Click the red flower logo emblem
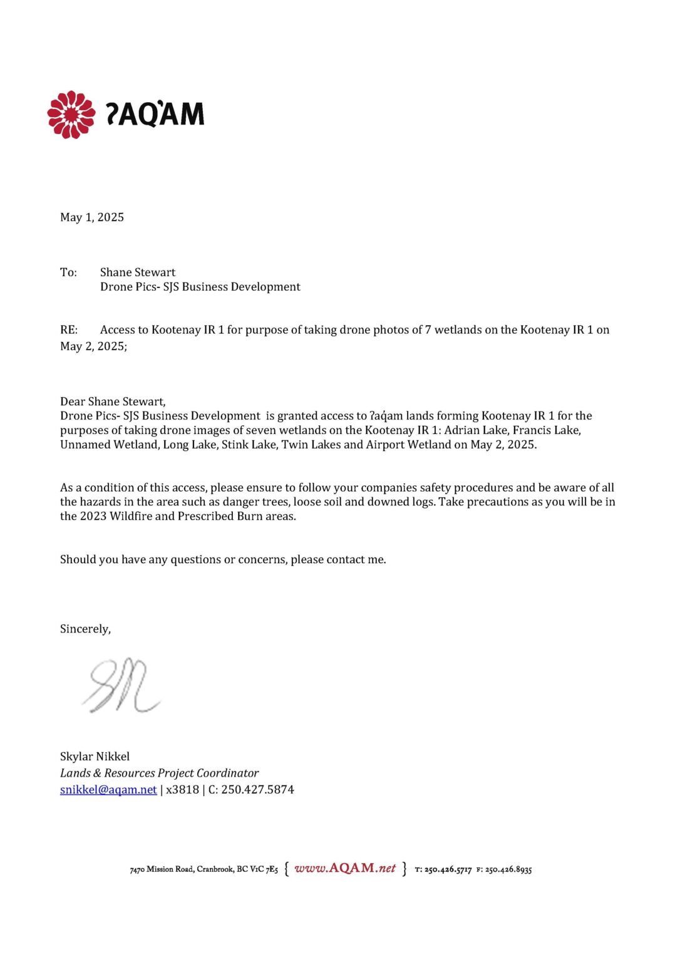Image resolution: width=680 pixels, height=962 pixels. (71, 115)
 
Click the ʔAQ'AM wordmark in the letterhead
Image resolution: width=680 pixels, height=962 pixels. (155, 114)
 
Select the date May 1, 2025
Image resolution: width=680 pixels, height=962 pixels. (92, 217)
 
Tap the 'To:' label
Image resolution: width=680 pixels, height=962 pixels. (68, 272)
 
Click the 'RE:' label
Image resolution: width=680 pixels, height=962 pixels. (69, 330)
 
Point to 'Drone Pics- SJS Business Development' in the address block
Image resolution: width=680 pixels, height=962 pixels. (200, 287)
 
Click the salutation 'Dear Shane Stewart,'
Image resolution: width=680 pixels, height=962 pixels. (113, 401)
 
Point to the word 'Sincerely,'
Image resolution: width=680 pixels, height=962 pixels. (85, 629)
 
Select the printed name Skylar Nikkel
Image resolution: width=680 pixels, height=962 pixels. (95, 757)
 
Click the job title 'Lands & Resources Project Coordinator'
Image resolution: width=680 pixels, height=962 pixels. (159, 773)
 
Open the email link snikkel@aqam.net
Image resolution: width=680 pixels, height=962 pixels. (108, 790)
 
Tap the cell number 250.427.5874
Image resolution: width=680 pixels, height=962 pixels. (257, 790)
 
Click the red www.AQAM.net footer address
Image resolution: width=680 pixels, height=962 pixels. (345, 869)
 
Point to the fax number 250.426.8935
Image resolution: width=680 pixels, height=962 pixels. (508, 870)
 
